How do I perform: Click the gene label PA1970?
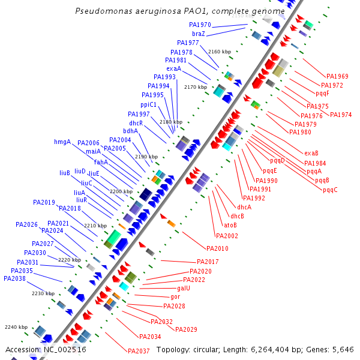pyautogui.click(x=200, y=25)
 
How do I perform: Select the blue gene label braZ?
pyautogui.click(x=199, y=34)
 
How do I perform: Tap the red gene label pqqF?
pyautogui.click(x=322, y=94)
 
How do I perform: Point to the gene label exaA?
pyautogui.click(x=173, y=68)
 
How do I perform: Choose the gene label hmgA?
pyautogui.click(x=62, y=142)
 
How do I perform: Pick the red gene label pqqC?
pyautogui.click(x=330, y=190)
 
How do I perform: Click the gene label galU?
pyautogui.click(x=183, y=289)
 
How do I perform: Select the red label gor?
pyautogui.click(x=175, y=297)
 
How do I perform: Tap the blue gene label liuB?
pyautogui.click(x=65, y=173)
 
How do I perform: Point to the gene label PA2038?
pyautogui.click(x=14, y=278)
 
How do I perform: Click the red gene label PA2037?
pyautogui.click(x=138, y=351)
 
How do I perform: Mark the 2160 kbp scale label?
pyautogui.click(x=220, y=52)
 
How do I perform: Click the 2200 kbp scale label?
pyautogui.click(x=121, y=191)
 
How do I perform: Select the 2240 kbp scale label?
pyautogui.click(x=16, y=327)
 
